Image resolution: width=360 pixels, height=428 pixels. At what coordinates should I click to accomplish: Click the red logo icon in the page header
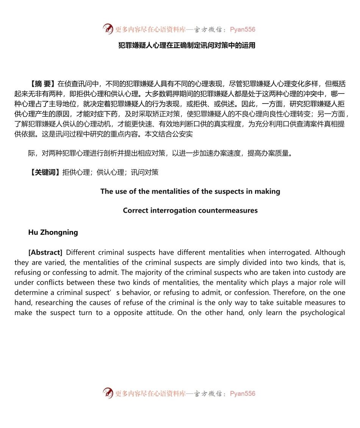(x=108, y=29)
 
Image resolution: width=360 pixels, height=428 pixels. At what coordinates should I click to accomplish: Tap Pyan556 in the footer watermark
(x=243, y=394)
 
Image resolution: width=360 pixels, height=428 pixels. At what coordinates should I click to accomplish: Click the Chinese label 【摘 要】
(x=42, y=84)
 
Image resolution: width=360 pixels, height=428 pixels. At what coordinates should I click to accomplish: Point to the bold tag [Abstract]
(x=45, y=252)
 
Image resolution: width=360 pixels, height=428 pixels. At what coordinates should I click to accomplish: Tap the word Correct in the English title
(x=135, y=210)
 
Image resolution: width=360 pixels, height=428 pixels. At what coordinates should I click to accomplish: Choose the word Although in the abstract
(x=330, y=252)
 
